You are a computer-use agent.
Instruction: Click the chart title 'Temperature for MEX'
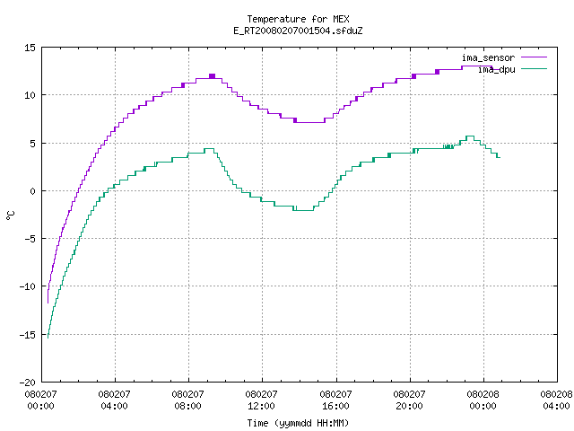point(298,19)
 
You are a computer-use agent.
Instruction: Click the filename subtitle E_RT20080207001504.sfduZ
point(298,31)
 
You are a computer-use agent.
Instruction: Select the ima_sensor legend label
point(488,57)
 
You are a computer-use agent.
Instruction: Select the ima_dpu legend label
point(496,69)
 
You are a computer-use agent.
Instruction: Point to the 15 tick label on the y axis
point(30,48)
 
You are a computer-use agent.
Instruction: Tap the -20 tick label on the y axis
point(28,383)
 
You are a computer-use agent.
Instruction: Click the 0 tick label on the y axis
point(33,191)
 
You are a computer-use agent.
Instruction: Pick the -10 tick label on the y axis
point(28,286)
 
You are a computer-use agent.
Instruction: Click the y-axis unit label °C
point(11,215)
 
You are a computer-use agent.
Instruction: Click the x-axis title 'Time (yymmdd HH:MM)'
point(298,423)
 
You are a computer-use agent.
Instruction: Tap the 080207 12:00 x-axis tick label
point(261,400)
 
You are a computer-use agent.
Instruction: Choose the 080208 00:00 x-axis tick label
point(483,400)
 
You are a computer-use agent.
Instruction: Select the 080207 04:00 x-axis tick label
point(114,400)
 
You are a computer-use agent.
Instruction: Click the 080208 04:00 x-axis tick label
point(556,400)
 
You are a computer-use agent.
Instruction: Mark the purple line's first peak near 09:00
point(212,76)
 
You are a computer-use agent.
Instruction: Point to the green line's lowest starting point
point(48,338)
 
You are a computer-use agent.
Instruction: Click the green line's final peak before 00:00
point(470,136)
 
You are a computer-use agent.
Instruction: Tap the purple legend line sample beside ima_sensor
point(535,57)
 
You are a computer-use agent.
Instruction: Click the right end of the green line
point(500,158)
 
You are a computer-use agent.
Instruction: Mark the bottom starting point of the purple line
point(48,303)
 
